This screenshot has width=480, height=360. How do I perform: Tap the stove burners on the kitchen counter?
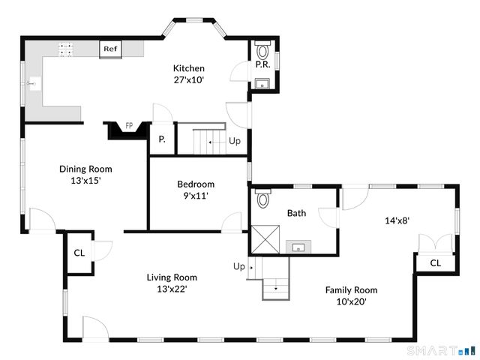pos(66,49)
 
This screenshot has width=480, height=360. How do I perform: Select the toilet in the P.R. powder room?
pos(262,52)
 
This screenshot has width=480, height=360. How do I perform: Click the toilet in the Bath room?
pos(262,199)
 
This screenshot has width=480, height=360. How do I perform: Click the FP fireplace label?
pos(129,125)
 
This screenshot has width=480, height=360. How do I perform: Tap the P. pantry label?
pos(162,140)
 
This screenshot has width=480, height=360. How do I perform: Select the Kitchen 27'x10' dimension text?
pos(189,79)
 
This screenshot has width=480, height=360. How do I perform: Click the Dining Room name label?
pos(85,169)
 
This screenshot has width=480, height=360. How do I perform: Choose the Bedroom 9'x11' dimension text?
pos(196,196)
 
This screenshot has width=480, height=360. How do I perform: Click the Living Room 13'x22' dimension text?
pos(171,289)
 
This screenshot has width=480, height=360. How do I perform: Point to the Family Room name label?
pos(351,289)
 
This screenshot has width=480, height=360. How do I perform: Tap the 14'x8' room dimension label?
pos(397,220)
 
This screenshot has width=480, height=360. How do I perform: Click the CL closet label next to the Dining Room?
pos(79,253)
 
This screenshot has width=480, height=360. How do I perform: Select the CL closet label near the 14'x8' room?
pos(435,263)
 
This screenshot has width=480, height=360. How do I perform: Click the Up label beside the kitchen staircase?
pos(235,140)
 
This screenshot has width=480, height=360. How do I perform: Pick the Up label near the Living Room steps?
pos(239,266)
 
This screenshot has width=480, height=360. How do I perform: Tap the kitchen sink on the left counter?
pos(31,84)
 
